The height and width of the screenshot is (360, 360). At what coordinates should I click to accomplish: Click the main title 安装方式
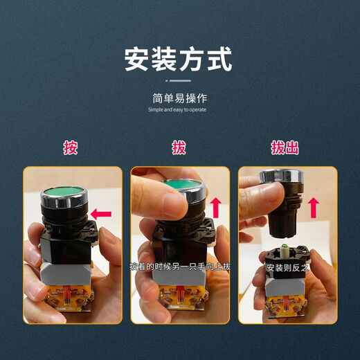[178, 60]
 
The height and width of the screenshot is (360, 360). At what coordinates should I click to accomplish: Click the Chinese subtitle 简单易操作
[179, 98]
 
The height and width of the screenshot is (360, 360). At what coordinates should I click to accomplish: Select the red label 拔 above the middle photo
[179, 147]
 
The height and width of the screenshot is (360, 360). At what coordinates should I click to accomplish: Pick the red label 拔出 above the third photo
[285, 147]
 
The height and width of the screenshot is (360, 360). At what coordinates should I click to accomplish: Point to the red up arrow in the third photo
[314, 206]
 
